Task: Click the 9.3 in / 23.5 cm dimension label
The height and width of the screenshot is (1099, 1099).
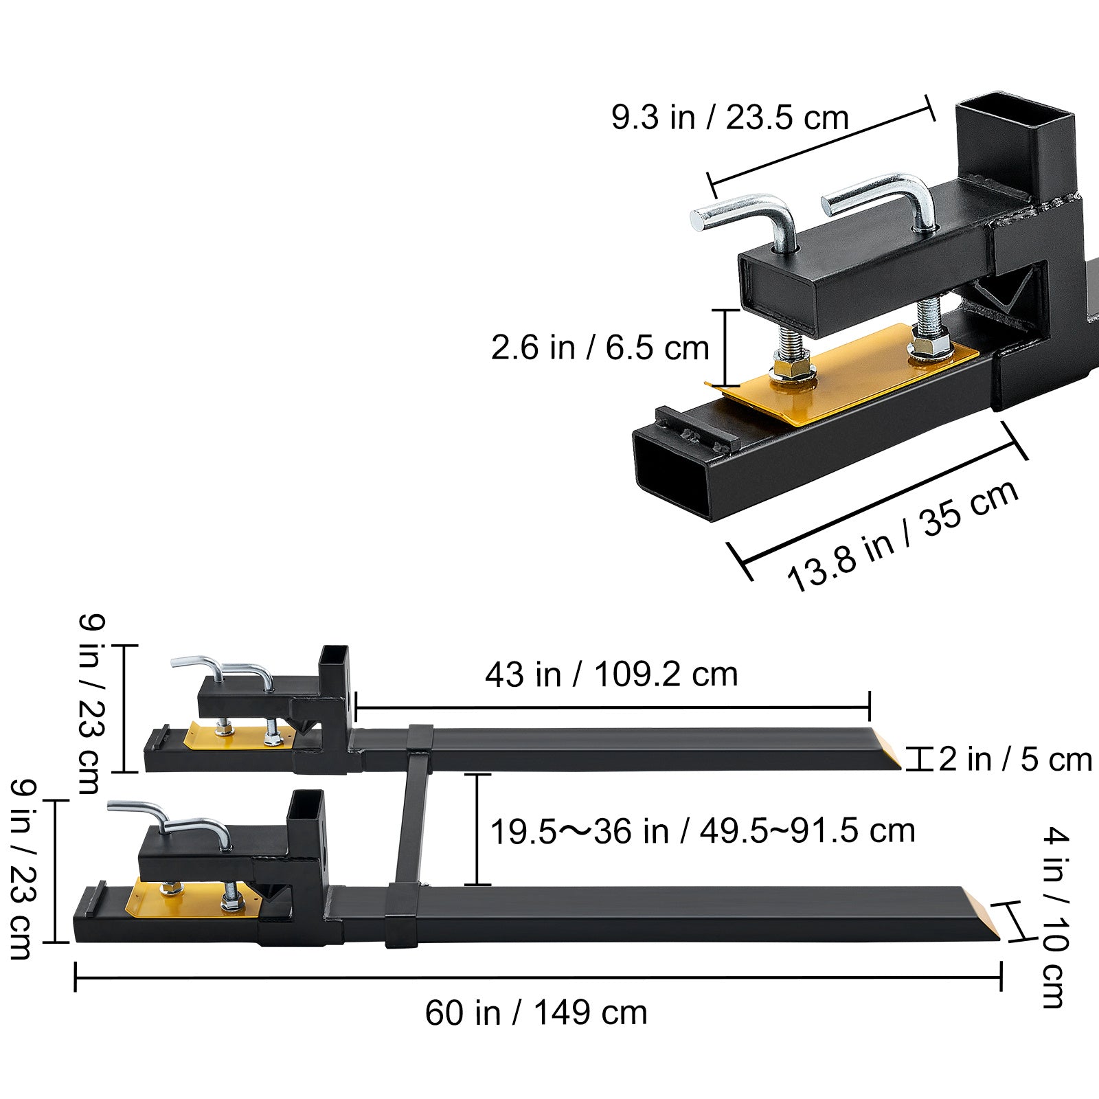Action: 730,118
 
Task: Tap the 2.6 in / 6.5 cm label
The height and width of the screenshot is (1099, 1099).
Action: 600,348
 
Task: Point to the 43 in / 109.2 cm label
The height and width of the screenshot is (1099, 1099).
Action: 611,675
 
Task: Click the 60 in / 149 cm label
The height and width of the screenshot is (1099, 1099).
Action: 536,1013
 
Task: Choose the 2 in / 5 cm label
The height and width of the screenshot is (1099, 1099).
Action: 1015,760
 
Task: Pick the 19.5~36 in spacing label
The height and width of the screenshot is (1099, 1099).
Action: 702,831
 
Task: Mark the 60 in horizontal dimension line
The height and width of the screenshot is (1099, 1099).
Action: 536,976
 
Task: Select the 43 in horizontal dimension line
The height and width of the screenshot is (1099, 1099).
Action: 611,707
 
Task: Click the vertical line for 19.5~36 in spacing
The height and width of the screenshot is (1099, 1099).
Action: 478,829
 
